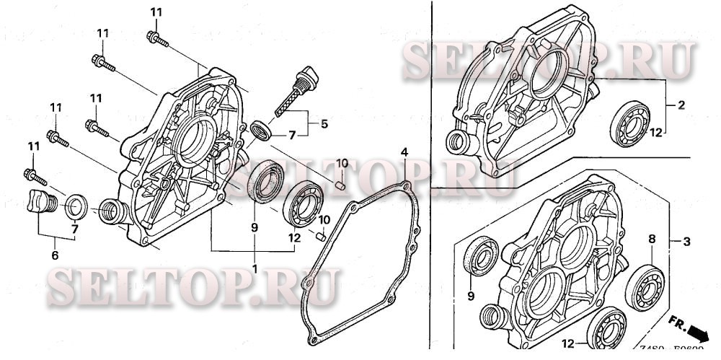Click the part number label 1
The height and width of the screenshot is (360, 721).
254,268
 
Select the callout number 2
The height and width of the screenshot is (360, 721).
681,105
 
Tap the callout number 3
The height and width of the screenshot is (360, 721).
686,240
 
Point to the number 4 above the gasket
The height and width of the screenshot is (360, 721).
405,152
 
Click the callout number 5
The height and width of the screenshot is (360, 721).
324,123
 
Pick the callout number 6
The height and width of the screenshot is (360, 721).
53,255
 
